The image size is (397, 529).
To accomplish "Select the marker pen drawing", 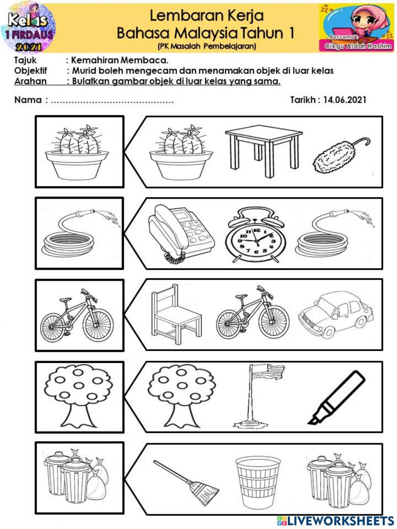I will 337,398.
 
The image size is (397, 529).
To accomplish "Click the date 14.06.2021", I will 345,100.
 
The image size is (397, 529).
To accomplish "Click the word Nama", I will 28,100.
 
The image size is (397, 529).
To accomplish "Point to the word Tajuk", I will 25,60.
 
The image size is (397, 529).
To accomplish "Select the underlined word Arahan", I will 30,81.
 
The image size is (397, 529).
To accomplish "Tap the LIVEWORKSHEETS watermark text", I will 340,520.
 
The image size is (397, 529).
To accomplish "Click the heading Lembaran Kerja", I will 206,16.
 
